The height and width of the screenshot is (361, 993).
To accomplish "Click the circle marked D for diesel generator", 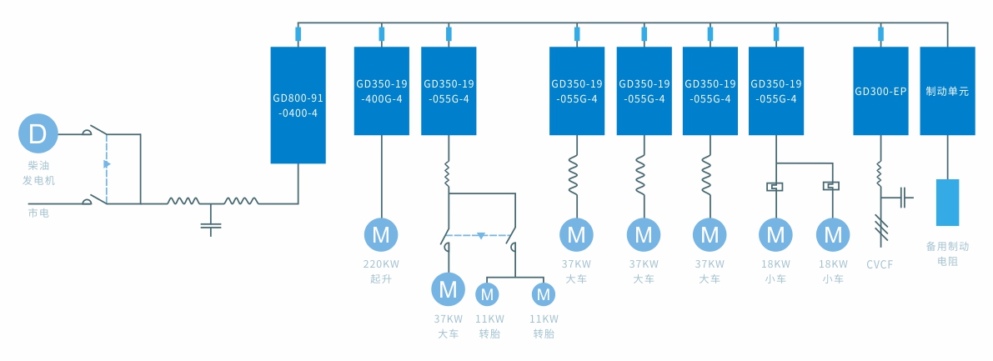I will [x=38, y=133].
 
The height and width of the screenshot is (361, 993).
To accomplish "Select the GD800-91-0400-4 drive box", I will [x=298, y=105].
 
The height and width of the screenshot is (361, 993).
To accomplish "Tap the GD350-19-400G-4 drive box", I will [x=381, y=91].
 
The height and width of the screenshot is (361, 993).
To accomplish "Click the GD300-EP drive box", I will [x=880, y=91].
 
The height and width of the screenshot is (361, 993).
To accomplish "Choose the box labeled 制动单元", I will [x=947, y=91].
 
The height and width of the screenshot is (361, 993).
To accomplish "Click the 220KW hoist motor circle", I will [x=381, y=235].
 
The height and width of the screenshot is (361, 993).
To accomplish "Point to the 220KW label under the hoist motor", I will [x=381, y=264].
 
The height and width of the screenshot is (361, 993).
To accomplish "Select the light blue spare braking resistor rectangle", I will [x=947, y=203].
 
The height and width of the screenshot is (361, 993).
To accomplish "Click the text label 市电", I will [x=39, y=213].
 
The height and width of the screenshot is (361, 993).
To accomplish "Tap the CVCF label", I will [x=880, y=264].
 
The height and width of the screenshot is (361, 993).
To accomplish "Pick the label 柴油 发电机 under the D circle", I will [x=38, y=173].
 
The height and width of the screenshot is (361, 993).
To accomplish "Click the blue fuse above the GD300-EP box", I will [x=881, y=34].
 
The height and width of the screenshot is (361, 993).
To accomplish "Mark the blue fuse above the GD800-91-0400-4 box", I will [x=298, y=34].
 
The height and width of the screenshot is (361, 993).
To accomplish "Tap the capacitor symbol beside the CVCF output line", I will [x=903, y=198].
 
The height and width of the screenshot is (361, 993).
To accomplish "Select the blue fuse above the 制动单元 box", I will [x=947, y=34].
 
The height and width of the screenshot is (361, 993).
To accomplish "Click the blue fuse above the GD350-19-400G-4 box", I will [x=382, y=34].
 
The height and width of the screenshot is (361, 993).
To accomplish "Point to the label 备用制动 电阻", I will [x=947, y=254].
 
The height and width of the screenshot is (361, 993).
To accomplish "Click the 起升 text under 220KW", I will [x=381, y=278].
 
